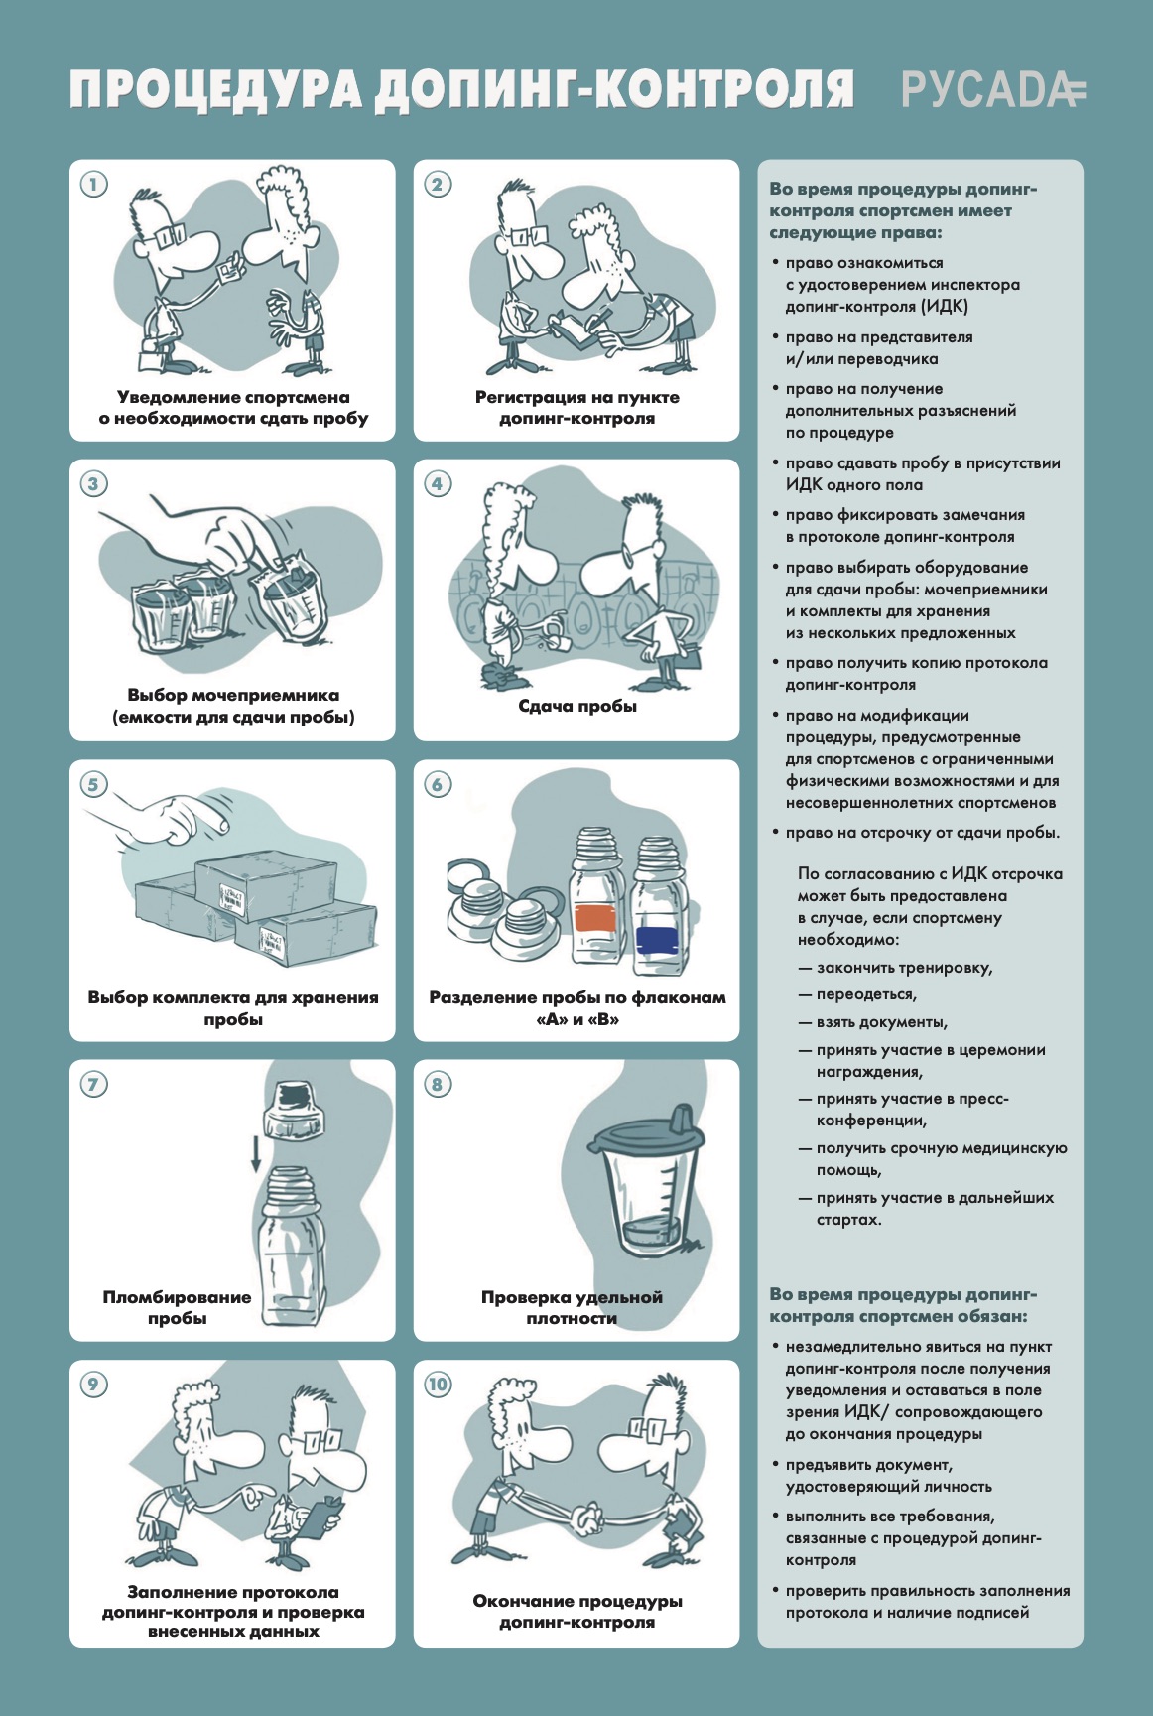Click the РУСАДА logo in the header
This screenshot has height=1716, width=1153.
point(993,90)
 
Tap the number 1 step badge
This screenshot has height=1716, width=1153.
point(93,184)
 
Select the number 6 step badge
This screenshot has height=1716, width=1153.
point(438,784)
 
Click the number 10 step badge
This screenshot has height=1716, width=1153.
point(438,1385)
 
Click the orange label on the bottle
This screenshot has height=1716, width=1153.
point(595,917)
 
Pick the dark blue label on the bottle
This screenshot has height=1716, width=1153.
point(658,939)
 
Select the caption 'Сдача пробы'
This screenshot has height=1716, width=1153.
point(577,706)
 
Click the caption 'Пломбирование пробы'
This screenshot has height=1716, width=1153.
point(178,1307)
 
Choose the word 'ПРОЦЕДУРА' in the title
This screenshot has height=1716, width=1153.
point(217,90)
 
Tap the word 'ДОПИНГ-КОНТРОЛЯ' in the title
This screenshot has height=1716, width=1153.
point(614,90)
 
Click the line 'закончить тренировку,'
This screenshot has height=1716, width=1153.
point(895,968)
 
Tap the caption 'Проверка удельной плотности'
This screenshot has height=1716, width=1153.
point(572,1307)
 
